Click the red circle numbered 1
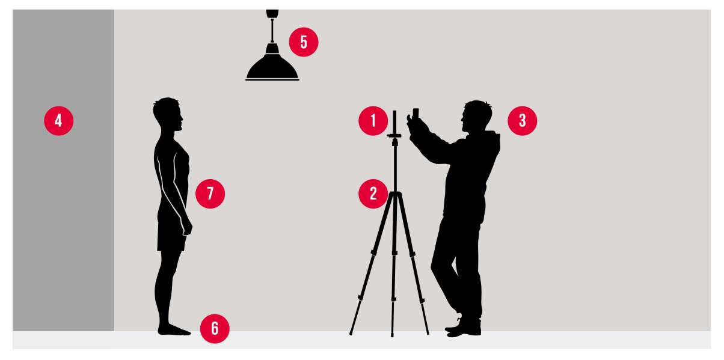click(373, 121)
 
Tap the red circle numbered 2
click(373, 194)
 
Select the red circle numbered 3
click(523, 121)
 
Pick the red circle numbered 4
click(58, 121)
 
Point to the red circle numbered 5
click(304, 42)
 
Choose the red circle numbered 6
click(215, 329)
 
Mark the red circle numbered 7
click(210, 194)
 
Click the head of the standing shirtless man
click(167, 113)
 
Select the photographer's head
click(477, 115)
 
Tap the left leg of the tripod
click(372, 263)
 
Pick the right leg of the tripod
click(413, 263)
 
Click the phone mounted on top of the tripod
click(394, 123)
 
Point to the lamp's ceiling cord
click(272, 31)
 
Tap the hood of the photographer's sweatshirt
click(492, 142)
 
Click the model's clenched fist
click(187, 227)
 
